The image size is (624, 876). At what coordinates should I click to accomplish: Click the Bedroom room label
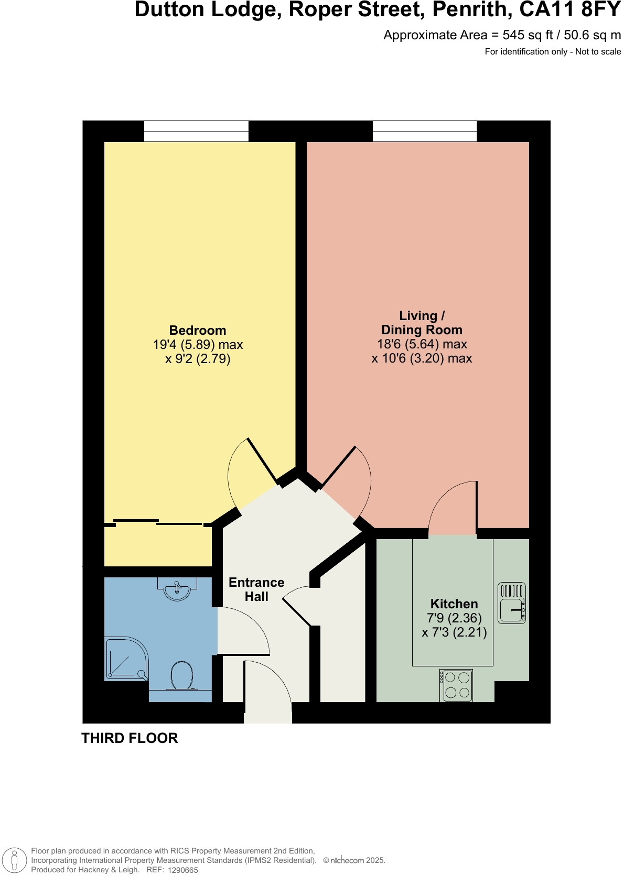(198, 331)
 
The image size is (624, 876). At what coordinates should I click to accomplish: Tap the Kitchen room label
(454, 604)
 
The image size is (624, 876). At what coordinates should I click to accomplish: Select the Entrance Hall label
(256, 589)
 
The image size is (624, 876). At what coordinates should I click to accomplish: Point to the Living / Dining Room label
(422, 323)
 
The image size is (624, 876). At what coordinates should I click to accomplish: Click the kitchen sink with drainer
(511, 603)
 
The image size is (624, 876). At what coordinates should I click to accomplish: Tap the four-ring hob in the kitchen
(456, 685)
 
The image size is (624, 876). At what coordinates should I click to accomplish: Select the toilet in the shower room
(181, 676)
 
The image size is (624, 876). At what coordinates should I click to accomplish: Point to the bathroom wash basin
(177, 589)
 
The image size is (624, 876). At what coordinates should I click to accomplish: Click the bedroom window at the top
(196, 131)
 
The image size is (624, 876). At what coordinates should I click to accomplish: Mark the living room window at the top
(425, 131)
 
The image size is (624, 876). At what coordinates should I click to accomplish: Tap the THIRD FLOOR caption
(130, 738)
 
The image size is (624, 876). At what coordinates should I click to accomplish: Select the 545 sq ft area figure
(528, 35)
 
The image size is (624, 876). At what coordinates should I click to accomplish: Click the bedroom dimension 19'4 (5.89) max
(198, 345)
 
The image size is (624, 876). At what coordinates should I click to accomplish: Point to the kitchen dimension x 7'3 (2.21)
(454, 632)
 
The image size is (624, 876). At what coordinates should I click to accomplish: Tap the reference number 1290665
(182, 870)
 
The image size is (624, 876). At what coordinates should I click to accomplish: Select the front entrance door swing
(267, 692)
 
